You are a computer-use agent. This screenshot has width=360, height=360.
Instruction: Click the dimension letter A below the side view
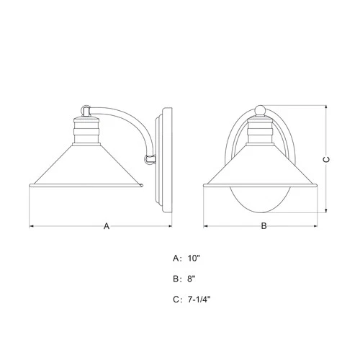[x=106, y=227]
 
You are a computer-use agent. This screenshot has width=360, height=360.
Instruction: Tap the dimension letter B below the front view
[x=264, y=227]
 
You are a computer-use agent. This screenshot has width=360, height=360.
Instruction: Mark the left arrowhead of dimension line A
[x=32, y=227]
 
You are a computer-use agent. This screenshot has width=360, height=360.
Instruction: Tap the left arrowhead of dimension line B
[x=206, y=227]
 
